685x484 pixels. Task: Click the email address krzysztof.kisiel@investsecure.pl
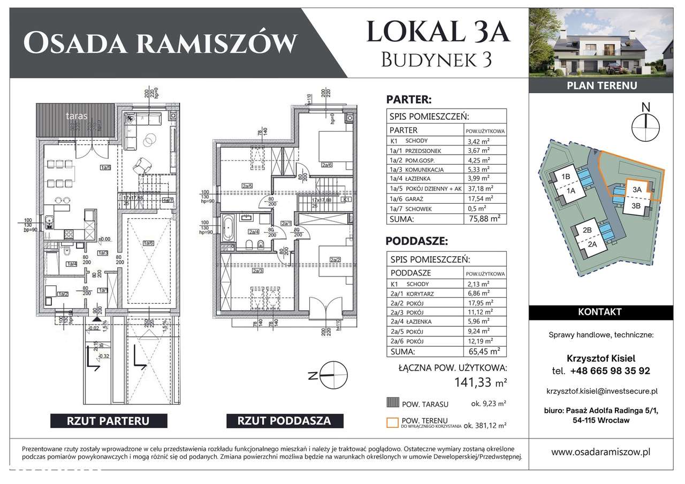coord(601,391)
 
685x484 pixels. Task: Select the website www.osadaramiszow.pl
coord(601,452)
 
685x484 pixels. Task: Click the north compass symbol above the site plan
coord(646,122)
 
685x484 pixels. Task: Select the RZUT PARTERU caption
coord(100,420)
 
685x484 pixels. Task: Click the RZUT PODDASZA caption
coord(284,420)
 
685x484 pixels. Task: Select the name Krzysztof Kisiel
coord(601,358)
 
